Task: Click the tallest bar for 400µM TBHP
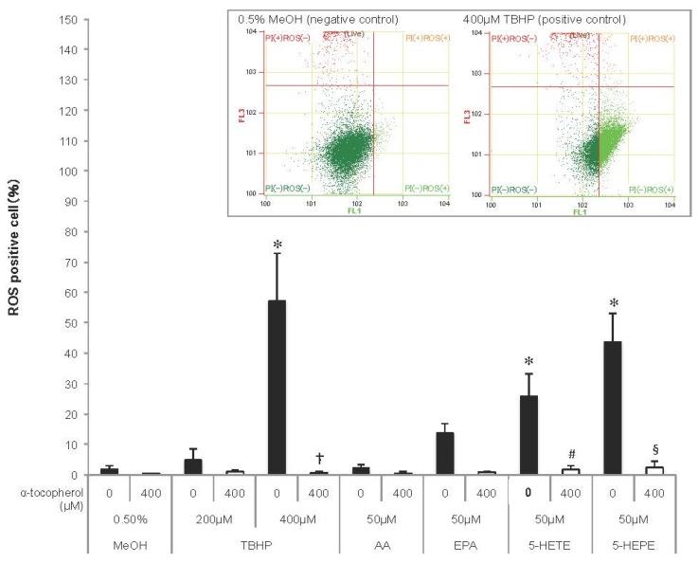point(277,388)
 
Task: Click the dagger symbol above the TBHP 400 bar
point(318,459)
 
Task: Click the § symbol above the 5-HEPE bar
point(653,449)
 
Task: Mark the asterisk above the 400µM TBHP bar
point(277,245)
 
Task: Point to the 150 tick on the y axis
point(67,20)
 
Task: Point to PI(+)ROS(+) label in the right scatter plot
point(650,37)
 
